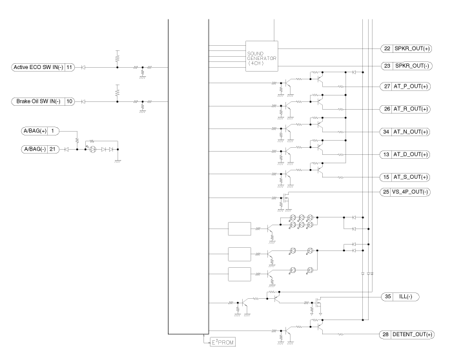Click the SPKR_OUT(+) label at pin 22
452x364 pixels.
coord(413,49)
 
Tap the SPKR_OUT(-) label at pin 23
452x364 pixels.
coord(413,66)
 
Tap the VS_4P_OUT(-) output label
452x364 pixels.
coord(413,192)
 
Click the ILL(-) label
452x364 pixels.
coord(409,296)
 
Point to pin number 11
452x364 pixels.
coord(70,66)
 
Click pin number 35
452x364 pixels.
coord(388,296)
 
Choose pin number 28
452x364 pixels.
coord(385,334)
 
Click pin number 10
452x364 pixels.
coord(70,101)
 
